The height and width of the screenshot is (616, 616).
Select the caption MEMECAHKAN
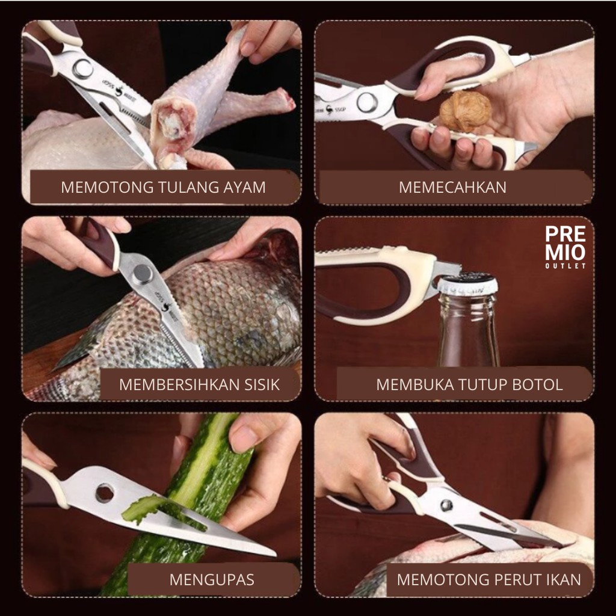(x=452, y=188)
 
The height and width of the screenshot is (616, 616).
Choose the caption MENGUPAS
(x=212, y=580)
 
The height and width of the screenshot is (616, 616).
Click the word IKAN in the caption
(x=563, y=580)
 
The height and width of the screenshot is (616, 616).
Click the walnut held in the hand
(x=465, y=111)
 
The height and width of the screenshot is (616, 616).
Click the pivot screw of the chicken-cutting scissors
(x=83, y=69)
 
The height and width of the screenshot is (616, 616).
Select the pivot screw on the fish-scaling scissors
(x=142, y=274)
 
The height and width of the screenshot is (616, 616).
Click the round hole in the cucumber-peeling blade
(x=105, y=493)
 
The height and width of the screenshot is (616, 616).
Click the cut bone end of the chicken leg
(x=173, y=123)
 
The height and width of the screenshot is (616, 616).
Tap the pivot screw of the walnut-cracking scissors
(x=366, y=102)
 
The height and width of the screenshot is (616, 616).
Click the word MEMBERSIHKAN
(x=179, y=384)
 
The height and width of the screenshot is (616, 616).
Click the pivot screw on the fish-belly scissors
(x=446, y=505)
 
